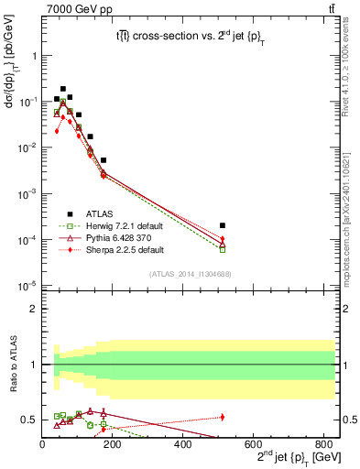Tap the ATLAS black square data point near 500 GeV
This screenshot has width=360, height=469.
click(x=223, y=225)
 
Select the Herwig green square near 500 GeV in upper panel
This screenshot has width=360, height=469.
click(x=223, y=249)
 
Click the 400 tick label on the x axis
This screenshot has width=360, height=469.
click(x=183, y=444)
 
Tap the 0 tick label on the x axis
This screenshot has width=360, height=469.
click(x=42, y=444)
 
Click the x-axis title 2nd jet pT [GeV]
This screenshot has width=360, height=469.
click(x=284, y=458)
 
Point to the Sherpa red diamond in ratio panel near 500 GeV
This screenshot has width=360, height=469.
click(x=223, y=417)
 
